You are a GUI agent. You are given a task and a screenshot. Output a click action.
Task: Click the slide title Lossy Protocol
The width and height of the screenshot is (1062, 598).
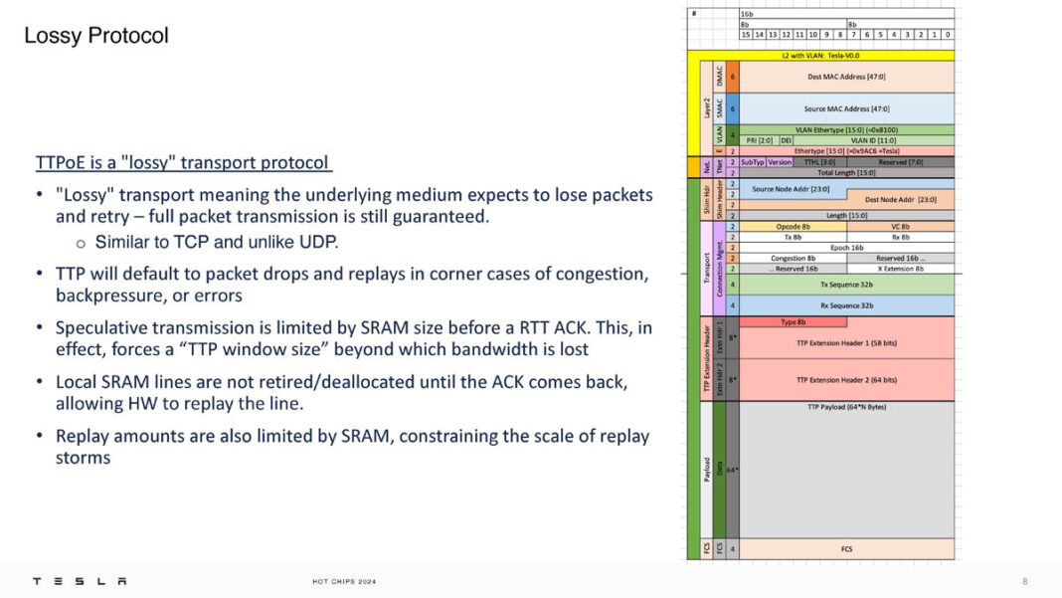(x=96, y=36)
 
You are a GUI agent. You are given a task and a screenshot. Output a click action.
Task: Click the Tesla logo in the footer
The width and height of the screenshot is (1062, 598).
(x=80, y=581)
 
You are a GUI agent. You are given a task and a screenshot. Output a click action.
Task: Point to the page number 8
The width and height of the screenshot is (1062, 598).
(x=1025, y=581)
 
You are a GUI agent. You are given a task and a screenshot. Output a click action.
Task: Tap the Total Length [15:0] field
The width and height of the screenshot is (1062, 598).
(x=846, y=172)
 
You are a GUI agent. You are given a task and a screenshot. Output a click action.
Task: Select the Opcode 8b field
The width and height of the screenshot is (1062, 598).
(x=793, y=226)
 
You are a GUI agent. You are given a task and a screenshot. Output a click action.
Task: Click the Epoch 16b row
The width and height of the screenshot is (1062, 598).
(x=846, y=247)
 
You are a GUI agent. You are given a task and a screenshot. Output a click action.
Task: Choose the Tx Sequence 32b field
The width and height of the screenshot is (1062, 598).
(x=846, y=284)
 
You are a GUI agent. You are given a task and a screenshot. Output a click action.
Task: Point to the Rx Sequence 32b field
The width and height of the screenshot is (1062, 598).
(x=846, y=304)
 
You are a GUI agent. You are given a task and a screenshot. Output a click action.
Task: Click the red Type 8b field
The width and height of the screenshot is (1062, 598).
(x=793, y=321)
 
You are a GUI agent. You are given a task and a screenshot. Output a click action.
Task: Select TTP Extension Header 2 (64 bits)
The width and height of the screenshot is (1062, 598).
(x=846, y=379)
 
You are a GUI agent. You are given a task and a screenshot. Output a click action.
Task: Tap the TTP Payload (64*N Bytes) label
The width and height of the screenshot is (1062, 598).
(x=846, y=406)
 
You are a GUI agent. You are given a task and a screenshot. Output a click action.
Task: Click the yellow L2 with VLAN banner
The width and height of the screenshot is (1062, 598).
(x=820, y=55)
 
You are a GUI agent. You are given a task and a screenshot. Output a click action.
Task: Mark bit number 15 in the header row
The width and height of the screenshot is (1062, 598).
(x=746, y=35)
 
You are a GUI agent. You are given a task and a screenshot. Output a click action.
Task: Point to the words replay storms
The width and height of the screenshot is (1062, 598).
(x=84, y=458)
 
